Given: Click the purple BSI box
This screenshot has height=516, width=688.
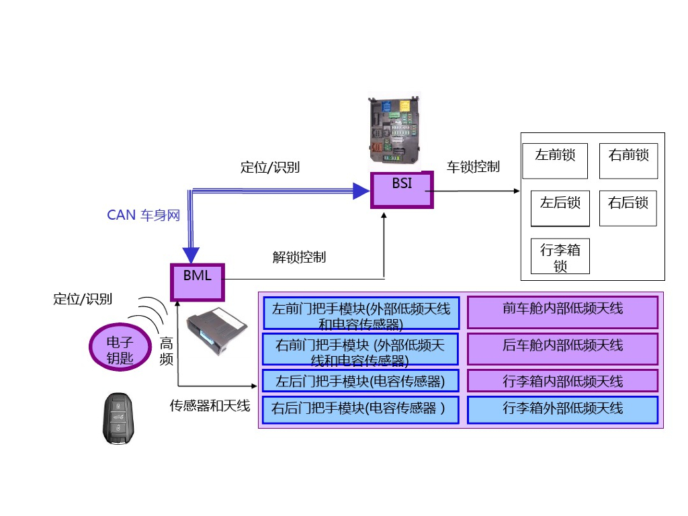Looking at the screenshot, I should point(402,190).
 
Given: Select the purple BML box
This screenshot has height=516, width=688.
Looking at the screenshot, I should point(197,282).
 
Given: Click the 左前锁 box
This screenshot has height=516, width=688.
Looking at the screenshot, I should point(555,161).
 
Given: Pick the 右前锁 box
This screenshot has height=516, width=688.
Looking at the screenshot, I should point(628,161).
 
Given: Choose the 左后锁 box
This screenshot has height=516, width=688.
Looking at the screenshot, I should point(560,208).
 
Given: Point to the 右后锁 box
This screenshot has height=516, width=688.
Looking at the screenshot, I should point(628,208).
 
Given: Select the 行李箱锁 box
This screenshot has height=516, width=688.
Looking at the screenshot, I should point(560,257).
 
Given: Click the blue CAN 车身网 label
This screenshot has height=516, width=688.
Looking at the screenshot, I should point(144,216).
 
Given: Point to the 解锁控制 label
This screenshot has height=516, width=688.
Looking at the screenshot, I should point(299,257).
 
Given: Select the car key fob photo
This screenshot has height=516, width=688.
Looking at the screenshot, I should point(119,419).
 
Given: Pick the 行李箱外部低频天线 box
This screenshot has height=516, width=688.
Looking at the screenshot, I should point(562,410).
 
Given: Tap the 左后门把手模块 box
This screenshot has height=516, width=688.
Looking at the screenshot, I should point(360,382).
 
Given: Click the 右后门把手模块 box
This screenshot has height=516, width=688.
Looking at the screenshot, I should point(360,410).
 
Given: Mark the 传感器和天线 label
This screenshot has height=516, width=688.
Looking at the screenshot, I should point(210,406).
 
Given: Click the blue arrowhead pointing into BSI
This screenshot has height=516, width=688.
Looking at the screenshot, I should point(361,191).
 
